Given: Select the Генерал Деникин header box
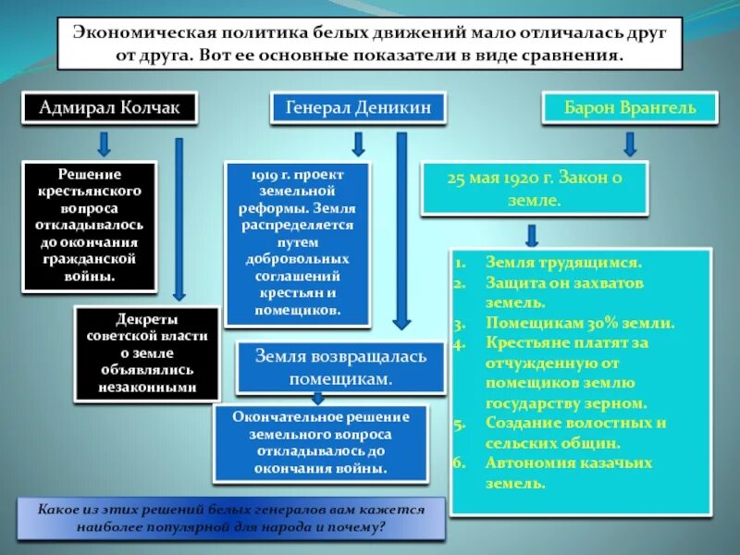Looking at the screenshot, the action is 358,109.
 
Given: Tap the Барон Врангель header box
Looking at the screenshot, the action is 631,108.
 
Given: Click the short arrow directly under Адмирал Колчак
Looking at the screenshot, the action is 105,143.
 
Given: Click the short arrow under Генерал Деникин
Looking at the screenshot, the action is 358,143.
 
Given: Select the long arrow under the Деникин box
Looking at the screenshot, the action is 401,231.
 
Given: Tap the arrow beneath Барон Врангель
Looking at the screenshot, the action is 630,143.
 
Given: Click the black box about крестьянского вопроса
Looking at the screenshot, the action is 89,224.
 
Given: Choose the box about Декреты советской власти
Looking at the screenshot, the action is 147,354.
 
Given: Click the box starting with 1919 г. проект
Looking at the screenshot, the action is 296,243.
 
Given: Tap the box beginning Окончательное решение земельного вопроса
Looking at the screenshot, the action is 320,443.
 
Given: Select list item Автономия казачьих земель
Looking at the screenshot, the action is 569,472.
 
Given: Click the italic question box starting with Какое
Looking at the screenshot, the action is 231,519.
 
